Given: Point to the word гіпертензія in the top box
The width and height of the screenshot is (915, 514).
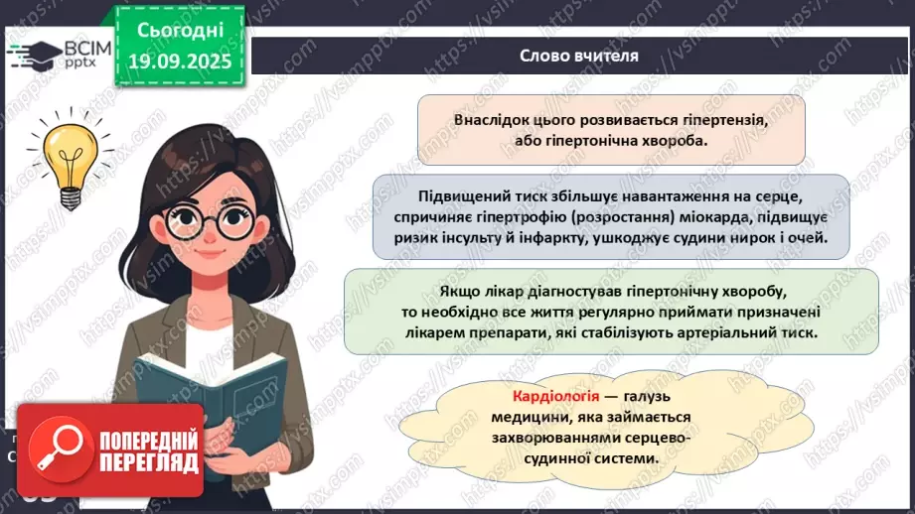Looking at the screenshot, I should pyautogui.click(x=724, y=120).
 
